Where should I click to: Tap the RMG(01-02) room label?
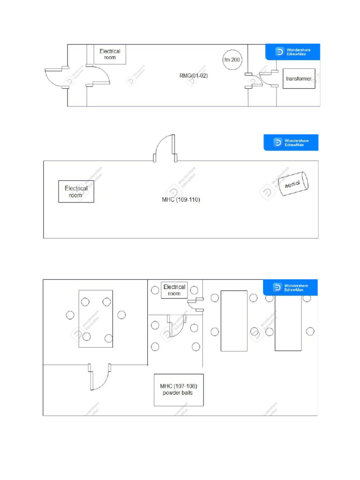click(x=194, y=75)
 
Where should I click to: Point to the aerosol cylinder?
click(x=293, y=184)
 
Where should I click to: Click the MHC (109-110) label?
click(x=181, y=200)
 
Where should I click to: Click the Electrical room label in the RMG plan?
click(x=110, y=54)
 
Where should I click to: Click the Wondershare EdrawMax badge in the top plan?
click(x=292, y=52)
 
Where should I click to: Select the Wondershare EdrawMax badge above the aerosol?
click(x=291, y=142)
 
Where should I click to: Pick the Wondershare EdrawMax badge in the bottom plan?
click(x=290, y=287)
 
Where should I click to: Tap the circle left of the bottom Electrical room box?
click(x=155, y=290)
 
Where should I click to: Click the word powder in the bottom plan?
click(x=170, y=393)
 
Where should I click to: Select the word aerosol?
click(x=292, y=184)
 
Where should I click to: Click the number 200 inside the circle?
click(x=235, y=60)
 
